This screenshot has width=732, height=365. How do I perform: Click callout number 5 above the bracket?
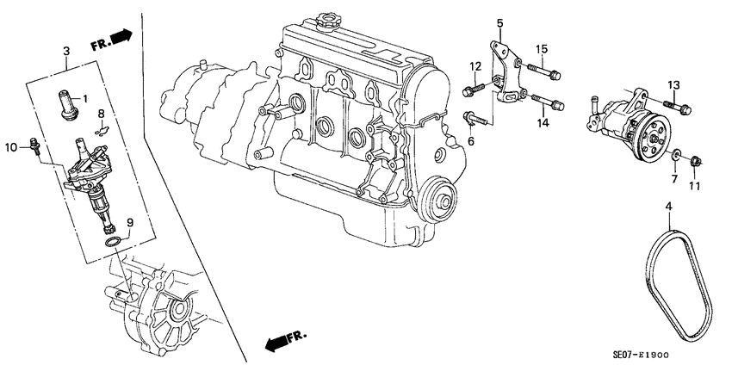(499, 22)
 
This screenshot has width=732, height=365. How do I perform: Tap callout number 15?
(543, 48)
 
